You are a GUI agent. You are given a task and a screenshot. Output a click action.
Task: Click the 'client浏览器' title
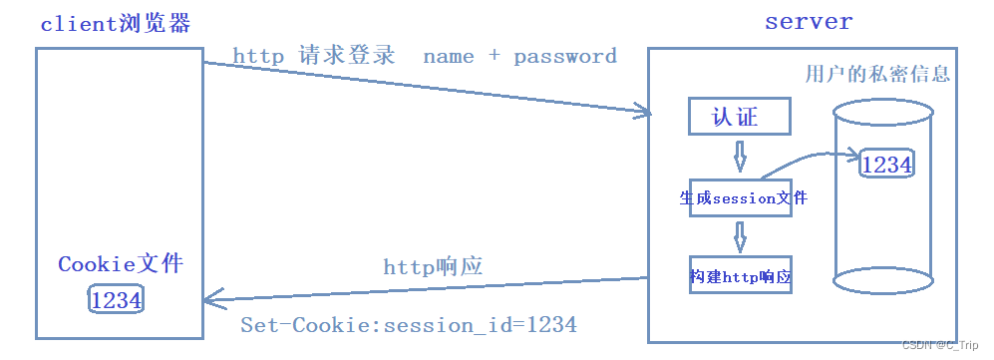(115, 24)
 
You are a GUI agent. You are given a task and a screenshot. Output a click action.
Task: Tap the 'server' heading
(809, 20)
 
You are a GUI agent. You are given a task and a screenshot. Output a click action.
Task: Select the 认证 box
(740, 117)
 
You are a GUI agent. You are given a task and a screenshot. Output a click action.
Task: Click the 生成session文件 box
(742, 197)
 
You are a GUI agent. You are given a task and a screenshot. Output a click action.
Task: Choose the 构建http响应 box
(740, 276)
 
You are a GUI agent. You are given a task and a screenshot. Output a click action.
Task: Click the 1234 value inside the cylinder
(886, 165)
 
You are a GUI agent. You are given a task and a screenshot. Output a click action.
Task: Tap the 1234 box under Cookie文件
(116, 299)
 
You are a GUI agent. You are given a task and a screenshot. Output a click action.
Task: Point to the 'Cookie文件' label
(121, 264)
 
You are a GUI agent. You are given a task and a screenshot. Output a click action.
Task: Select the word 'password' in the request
(565, 57)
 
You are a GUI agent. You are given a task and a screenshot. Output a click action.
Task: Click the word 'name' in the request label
(449, 57)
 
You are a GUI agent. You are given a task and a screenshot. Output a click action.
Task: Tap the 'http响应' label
(433, 266)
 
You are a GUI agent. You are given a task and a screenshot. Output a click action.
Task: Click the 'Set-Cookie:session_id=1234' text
(408, 325)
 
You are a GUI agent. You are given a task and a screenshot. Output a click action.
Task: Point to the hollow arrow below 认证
(740, 156)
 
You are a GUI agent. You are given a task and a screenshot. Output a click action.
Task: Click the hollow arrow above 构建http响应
(740, 236)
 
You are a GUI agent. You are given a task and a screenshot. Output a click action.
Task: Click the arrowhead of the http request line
(643, 113)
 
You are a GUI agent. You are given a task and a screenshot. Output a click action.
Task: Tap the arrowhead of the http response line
(210, 296)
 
